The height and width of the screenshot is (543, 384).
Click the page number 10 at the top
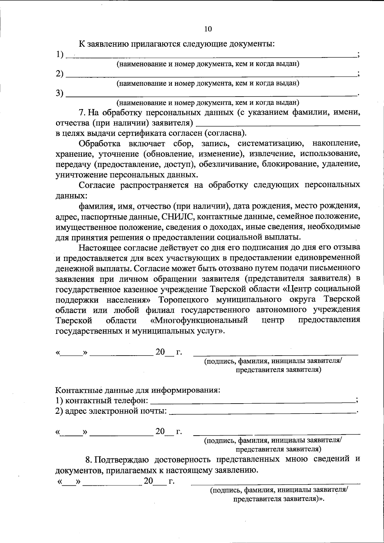pos(208,29)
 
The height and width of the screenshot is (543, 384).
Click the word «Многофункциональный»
pos(199,320)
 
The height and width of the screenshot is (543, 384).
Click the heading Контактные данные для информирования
pos(138,390)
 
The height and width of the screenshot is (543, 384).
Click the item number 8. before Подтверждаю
pos(89,460)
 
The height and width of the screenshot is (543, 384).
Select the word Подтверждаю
pos(122,460)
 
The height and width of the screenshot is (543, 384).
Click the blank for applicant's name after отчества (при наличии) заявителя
pos(278,123)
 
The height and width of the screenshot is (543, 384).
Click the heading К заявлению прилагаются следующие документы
pos(177,43)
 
